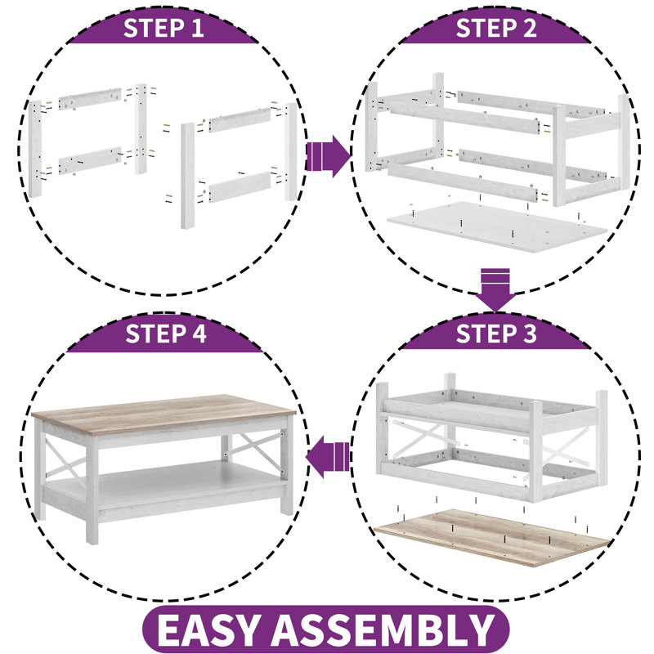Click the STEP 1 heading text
click(163, 28)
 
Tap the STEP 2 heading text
click(496, 28)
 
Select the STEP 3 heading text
click(496, 334)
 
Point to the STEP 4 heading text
click(166, 334)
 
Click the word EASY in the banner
click(209, 629)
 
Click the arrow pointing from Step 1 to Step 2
click(329, 156)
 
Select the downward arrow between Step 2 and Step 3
click(495, 290)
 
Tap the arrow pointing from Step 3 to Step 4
click(328, 457)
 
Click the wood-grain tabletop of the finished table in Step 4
click(163, 414)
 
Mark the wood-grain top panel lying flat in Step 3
click(492, 537)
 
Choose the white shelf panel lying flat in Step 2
click(496, 226)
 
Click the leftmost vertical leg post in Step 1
click(35, 149)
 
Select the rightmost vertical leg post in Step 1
click(291, 151)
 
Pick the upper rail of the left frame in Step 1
click(90, 99)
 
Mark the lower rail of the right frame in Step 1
click(240, 187)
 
